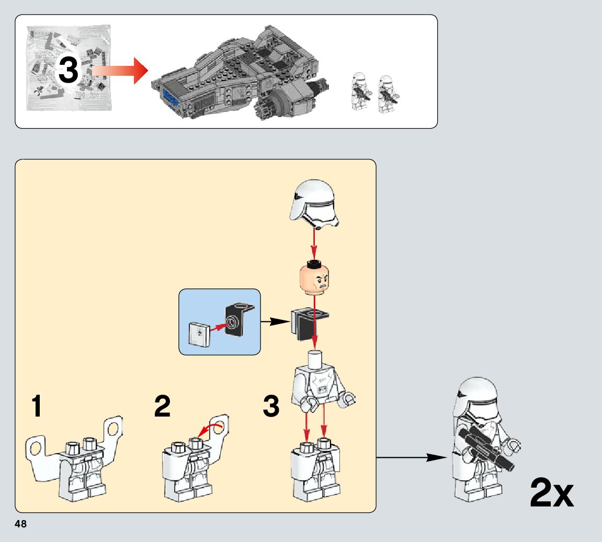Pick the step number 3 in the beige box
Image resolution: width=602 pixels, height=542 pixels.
point(271,407)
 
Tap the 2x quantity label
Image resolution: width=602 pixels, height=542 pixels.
point(552,493)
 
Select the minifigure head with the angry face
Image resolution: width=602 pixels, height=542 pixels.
point(314,279)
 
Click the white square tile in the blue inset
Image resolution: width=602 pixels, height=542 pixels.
point(199,334)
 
